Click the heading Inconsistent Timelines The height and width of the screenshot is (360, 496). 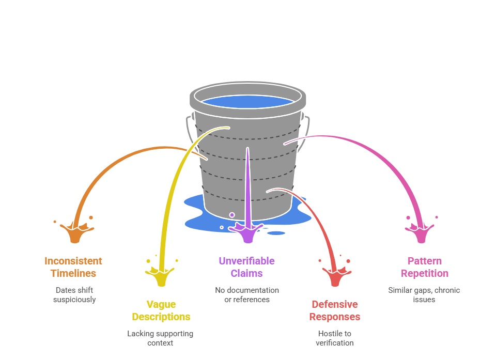73,267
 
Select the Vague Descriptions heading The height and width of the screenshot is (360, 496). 161,310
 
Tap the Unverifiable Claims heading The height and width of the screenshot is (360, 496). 246,267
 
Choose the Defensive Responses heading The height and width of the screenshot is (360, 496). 335,310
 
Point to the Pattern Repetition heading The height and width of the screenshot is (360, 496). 424,267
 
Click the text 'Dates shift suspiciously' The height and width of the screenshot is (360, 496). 74,295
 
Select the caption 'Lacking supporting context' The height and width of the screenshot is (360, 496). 160,338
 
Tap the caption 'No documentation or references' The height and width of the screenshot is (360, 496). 247,295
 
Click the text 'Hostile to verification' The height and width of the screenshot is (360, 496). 334,338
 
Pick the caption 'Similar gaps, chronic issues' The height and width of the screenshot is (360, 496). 424,295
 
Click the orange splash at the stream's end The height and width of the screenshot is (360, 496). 76,232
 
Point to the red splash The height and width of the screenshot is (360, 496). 336,277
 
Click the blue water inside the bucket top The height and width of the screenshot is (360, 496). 247,101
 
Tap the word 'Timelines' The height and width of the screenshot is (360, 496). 73,273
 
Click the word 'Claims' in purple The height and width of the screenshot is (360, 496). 246,273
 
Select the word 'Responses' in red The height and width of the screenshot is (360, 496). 335,317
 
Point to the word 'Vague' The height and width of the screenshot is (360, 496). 161,304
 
